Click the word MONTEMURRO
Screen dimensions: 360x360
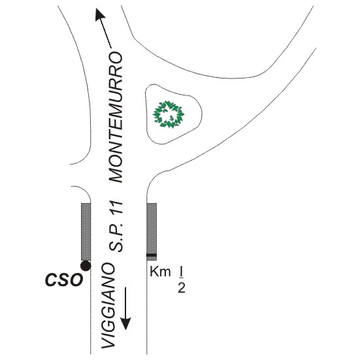pyautogui.click(x=116, y=118)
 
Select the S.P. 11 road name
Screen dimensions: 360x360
pyautogui.click(x=116, y=227)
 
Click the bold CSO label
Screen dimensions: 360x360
pyautogui.click(x=64, y=280)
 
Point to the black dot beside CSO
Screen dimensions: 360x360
pyautogui.click(x=86, y=266)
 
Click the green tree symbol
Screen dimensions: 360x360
pyautogui.click(x=169, y=114)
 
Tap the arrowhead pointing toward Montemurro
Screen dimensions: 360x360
pyautogui.click(x=100, y=14)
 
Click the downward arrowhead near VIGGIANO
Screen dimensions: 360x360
pyautogui.click(x=126, y=323)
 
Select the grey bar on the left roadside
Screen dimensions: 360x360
pyautogui.click(x=86, y=232)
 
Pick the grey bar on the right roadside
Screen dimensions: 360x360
pyautogui.click(x=152, y=232)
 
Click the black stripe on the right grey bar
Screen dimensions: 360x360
pyautogui.click(x=152, y=255)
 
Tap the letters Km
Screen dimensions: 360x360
pyautogui.click(x=160, y=272)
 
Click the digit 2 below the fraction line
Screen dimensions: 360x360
pyautogui.click(x=182, y=288)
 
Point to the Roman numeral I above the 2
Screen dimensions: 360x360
pyautogui.click(x=181, y=272)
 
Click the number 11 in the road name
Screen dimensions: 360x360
pyautogui.click(x=116, y=208)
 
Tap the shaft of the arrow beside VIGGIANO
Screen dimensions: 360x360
pyautogui.click(x=126, y=303)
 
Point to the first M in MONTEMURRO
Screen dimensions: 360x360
pyautogui.click(x=116, y=174)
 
